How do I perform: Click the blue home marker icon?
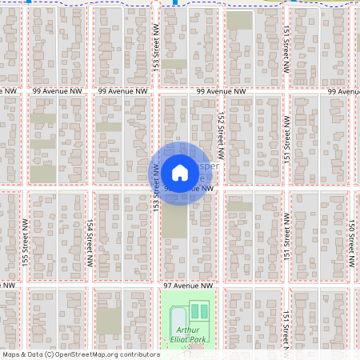180,172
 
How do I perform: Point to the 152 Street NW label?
220,133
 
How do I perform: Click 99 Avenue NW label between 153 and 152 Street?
221,93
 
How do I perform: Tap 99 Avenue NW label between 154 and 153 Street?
123,93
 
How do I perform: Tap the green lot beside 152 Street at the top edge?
238,21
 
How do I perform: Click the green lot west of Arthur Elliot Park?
110,321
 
